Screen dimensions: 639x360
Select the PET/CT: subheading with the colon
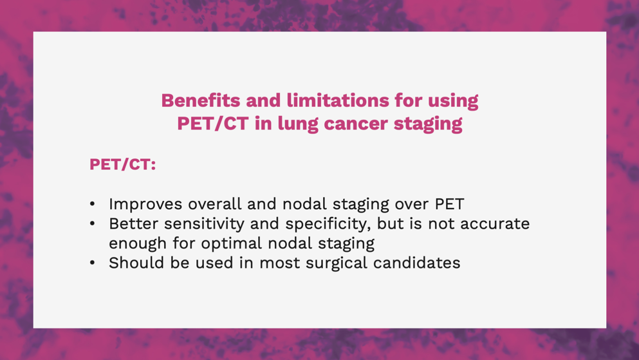(123, 164)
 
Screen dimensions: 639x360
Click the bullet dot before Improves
(93, 204)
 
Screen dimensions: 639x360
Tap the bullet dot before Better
(93, 223)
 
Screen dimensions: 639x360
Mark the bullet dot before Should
(93, 263)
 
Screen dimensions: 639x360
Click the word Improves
(145, 204)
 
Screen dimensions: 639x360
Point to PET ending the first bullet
(450, 204)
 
